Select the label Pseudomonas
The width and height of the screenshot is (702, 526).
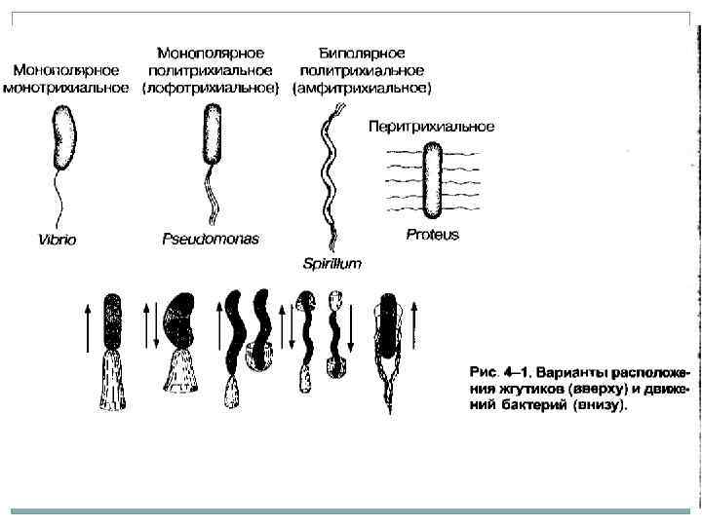210,238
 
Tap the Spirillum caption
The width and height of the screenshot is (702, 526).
331,264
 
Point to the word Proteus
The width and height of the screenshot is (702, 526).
431,235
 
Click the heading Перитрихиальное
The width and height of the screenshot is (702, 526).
431,127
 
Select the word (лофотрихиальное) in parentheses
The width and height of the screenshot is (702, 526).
210,88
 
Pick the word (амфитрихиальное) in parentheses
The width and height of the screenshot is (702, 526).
362,88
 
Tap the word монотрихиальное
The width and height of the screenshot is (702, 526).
66,88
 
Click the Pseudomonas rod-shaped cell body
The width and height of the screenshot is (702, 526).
212,134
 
